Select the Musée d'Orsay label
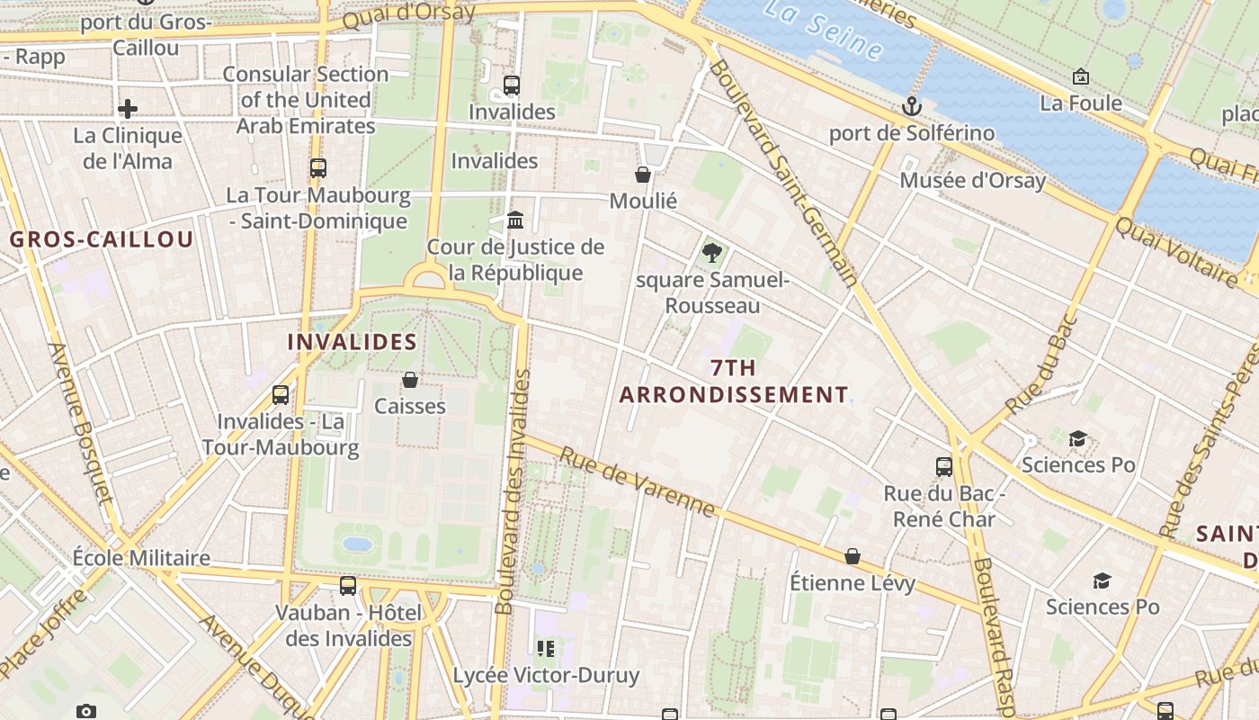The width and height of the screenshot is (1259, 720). tap(973, 180)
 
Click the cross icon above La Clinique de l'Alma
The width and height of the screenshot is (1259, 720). tap(128, 110)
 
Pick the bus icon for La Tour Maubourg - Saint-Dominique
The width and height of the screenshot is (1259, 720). tap(317, 168)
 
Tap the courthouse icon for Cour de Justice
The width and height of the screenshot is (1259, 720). tap(515, 220)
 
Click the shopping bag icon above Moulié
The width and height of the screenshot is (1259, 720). tap(643, 175)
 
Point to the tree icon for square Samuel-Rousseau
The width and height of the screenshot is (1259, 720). tap(712, 253)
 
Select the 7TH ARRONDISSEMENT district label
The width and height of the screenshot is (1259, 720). tap(733, 382)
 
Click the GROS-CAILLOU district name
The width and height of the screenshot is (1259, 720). tap(102, 239)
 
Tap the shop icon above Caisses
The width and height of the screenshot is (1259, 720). tap(410, 380)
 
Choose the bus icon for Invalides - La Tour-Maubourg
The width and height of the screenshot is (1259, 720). tap(281, 395)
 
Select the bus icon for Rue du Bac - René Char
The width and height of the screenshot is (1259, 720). tap(943, 467)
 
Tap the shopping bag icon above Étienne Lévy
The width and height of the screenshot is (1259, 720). tap(852, 557)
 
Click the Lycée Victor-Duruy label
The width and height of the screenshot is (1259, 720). tap(546, 675)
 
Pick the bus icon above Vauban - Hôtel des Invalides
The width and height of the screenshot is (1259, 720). tap(348, 587)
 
